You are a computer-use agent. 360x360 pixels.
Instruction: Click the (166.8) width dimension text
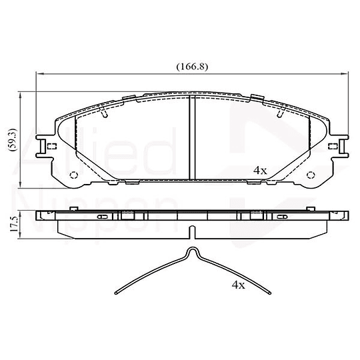tap(190, 67)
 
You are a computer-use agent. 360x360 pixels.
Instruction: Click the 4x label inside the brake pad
tap(260, 170)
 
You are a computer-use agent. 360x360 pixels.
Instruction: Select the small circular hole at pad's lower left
tap(74, 175)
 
